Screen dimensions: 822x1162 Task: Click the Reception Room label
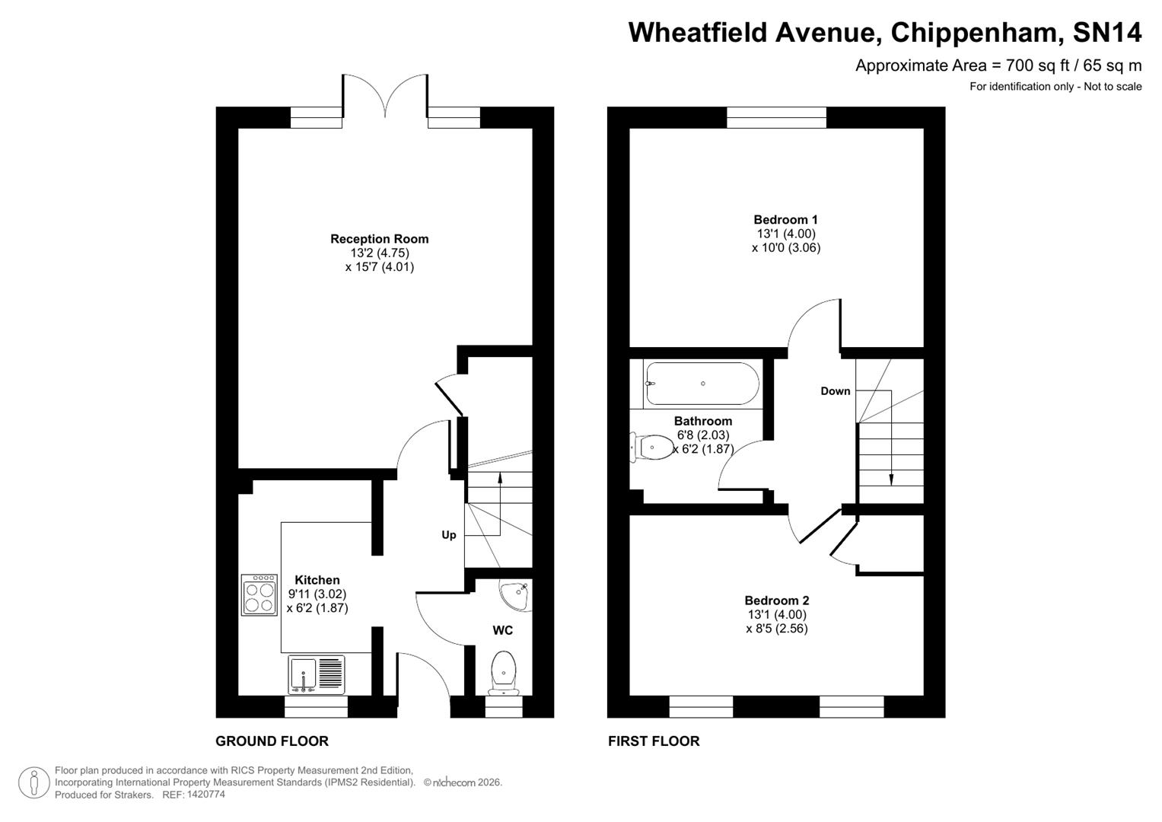pyautogui.click(x=379, y=239)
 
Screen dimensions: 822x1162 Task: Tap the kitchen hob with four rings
pyautogui.click(x=259, y=595)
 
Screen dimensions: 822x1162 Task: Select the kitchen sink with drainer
pyautogui.click(x=316, y=674)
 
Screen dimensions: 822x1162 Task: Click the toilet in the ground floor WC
pyautogui.click(x=503, y=672)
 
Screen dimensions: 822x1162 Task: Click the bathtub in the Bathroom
pyautogui.click(x=702, y=384)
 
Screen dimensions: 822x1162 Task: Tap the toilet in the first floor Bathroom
pyautogui.click(x=651, y=447)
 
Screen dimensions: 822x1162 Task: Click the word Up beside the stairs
pyautogui.click(x=449, y=535)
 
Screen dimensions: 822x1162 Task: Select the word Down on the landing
pyautogui.click(x=835, y=391)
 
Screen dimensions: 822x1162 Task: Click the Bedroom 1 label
pyautogui.click(x=785, y=220)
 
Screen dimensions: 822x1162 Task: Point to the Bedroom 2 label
pyautogui.click(x=776, y=601)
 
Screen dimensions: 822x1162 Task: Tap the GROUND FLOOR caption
pyautogui.click(x=272, y=741)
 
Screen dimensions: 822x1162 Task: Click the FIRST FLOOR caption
pyautogui.click(x=653, y=741)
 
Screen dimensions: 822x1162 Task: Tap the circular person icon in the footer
pyautogui.click(x=33, y=782)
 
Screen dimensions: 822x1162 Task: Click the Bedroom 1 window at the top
pyautogui.click(x=776, y=117)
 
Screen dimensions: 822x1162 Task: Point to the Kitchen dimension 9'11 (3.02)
pyautogui.click(x=317, y=594)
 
